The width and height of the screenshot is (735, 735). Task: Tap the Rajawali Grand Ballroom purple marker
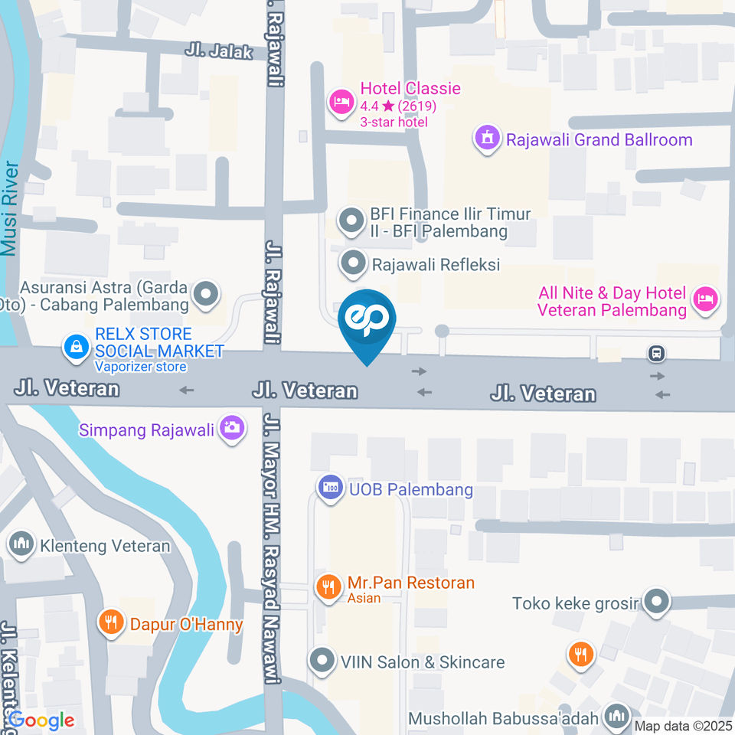coord(486,139)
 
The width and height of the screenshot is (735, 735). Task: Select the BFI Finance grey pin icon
coord(351,222)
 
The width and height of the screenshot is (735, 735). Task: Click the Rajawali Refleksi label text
coord(436,265)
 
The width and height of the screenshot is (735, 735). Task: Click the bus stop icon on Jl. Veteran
coord(656,354)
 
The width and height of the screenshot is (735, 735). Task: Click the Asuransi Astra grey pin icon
coord(206,293)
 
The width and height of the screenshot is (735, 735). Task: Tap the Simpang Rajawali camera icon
coord(231,429)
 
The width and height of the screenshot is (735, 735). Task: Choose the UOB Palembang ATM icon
coord(331,487)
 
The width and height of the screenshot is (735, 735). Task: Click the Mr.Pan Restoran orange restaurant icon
coord(328,588)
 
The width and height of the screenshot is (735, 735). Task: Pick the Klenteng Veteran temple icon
coord(21,545)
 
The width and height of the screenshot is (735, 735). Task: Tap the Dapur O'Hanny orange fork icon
coord(112,622)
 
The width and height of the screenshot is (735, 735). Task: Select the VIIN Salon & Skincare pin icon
coord(322,660)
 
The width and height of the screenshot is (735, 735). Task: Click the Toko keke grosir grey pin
coord(656,602)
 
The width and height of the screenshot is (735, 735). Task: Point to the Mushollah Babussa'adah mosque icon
coord(616,717)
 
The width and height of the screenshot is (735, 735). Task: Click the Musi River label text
coord(8,208)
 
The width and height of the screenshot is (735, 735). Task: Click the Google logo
coord(41,720)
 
